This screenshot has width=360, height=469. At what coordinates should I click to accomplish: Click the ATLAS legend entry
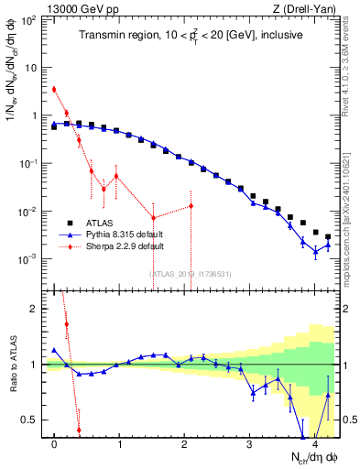point(102,223)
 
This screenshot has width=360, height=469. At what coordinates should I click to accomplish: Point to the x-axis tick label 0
point(54,443)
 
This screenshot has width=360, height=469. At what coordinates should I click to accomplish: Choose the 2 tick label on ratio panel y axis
point(35,309)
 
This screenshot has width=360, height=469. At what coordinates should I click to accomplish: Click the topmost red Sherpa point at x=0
point(54,89)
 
